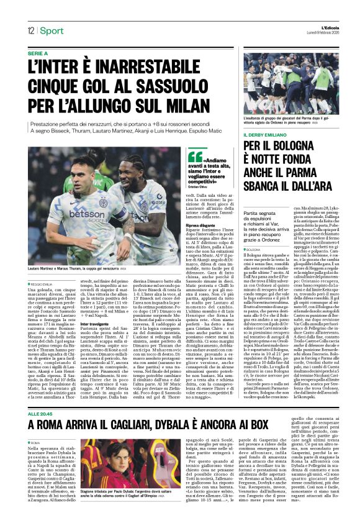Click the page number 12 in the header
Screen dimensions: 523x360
(30, 31)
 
